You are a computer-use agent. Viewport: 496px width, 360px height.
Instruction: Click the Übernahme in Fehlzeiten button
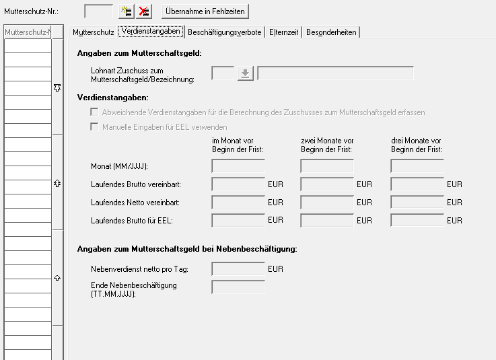pos(205,11)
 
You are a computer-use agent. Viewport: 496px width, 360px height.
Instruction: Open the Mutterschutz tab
pos(93,32)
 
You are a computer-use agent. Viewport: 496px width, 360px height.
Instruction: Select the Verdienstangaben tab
pos(151,32)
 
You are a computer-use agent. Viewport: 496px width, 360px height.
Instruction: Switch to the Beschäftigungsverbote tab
pos(225,32)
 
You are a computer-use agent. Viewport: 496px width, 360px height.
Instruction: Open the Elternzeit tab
pos(284,32)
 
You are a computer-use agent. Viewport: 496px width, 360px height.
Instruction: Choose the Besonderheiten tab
pos(331,32)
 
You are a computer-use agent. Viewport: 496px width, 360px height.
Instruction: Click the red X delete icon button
pos(144,11)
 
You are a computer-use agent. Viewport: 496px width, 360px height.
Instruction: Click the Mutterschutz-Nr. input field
pos(98,11)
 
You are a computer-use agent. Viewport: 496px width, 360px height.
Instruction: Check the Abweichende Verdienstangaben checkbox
pos(95,112)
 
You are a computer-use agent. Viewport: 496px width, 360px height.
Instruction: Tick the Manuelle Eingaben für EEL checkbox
pos(95,127)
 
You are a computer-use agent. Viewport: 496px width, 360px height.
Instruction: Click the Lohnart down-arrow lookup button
pos(245,73)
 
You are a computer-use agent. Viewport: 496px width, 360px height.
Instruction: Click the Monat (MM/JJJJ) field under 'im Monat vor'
pos(238,166)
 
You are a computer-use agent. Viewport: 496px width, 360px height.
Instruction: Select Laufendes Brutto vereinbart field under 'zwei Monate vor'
pos(327,184)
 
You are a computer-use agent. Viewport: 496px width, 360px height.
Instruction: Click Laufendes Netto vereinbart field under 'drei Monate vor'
pos(417,202)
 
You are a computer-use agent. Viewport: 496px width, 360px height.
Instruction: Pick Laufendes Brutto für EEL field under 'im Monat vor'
pos(238,220)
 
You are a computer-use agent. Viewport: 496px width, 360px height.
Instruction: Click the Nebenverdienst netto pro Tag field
pos(238,269)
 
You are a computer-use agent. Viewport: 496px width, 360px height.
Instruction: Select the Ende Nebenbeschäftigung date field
pos(238,287)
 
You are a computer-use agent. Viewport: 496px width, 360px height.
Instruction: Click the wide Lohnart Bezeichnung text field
pos(335,73)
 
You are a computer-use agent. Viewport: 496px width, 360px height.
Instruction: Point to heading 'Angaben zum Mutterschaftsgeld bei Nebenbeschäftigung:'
pos(187,249)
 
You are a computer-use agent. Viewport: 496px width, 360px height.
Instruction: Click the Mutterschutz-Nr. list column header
pos(28,32)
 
